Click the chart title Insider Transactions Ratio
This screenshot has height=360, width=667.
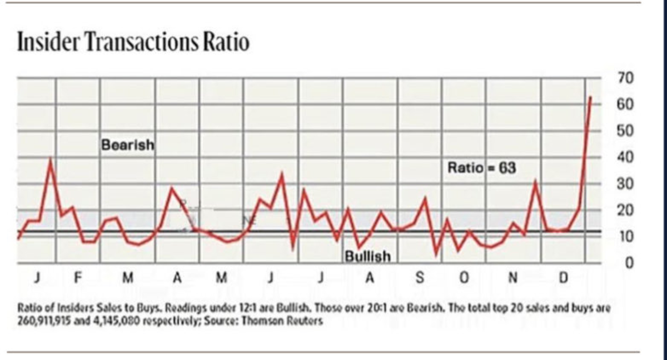133,43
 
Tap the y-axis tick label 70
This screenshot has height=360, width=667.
626,78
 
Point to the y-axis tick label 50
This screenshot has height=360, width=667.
626,131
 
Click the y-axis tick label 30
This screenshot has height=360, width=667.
626,184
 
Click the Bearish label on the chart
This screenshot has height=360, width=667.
128,146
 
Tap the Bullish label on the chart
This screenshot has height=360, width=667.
368,257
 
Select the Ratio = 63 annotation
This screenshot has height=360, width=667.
482,167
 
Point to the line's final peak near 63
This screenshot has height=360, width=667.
590,97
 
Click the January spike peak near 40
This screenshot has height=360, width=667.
51,161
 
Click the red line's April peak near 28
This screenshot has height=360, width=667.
172,189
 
